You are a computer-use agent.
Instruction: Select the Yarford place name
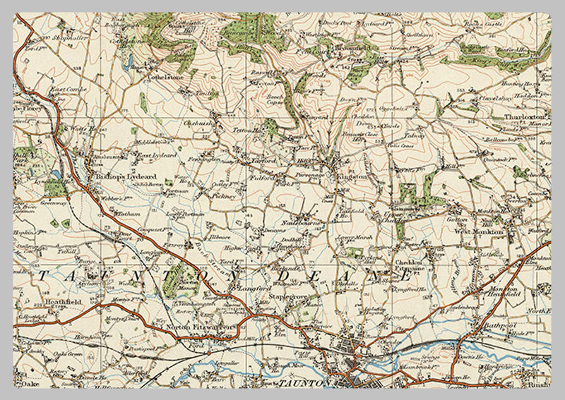[x=261, y=161]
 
